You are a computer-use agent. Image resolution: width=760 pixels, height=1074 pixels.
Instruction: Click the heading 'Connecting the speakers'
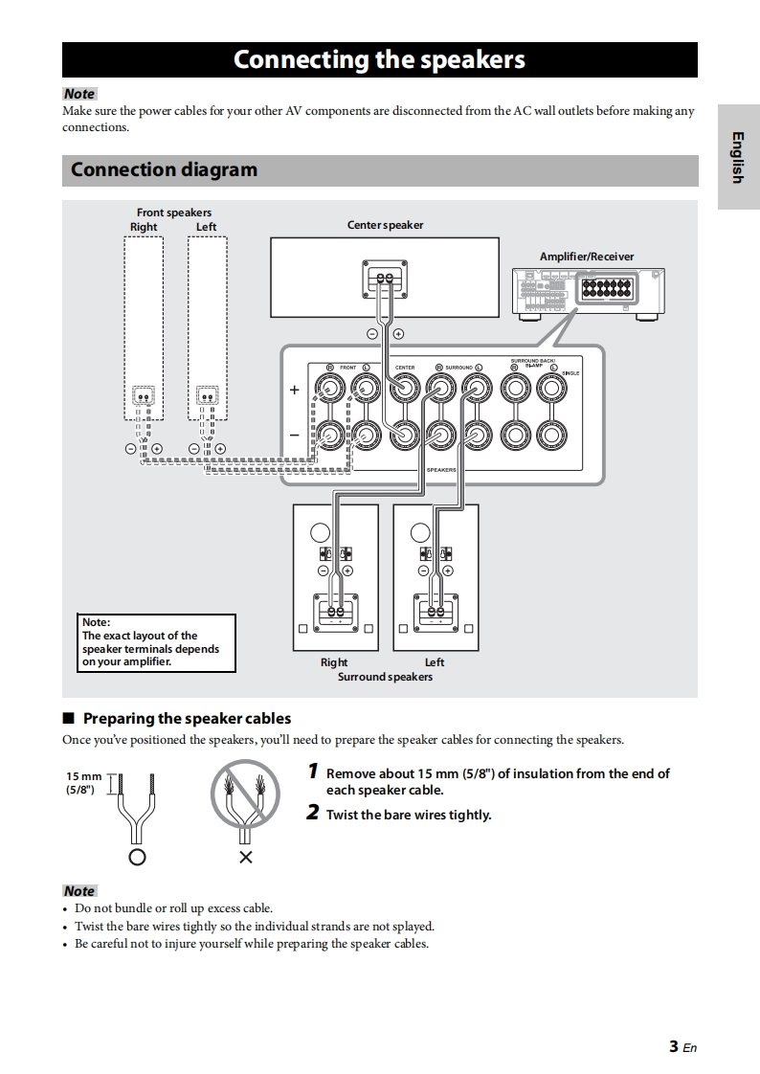point(379,59)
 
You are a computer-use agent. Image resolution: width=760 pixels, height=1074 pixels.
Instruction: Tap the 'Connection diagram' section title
point(164,170)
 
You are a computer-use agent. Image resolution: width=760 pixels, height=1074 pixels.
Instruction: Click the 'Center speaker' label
point(385,225)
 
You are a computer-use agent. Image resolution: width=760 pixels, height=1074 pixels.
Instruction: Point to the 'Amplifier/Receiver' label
point(587,257)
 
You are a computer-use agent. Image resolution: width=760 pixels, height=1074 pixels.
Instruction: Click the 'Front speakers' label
point(174,213)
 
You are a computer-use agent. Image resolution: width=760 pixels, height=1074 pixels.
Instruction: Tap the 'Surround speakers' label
point(385,677)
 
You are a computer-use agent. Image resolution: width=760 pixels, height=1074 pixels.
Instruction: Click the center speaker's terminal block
point(385,279)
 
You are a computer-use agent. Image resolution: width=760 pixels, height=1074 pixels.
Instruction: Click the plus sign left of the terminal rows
point(295,390)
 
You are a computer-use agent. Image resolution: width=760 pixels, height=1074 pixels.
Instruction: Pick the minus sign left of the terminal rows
point(295,435)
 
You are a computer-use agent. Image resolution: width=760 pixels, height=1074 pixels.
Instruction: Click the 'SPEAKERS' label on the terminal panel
point(441,470)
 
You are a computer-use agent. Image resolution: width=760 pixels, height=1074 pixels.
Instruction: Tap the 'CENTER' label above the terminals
point(405,368)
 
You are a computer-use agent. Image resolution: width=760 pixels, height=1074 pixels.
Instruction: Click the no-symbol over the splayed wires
point(245,793)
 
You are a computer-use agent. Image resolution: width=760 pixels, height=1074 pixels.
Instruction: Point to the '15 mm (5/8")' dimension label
point(83,782)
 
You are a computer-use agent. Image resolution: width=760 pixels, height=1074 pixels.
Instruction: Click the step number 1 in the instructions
point(313,772)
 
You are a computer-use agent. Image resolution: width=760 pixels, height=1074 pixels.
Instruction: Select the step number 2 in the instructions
point(313,814)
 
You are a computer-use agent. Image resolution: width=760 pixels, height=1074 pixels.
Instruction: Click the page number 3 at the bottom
point(675,1046)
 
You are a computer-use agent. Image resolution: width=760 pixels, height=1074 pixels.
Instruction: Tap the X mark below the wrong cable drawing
point(245,857)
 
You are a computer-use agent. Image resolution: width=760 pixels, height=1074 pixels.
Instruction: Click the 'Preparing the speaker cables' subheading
point(187,718)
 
